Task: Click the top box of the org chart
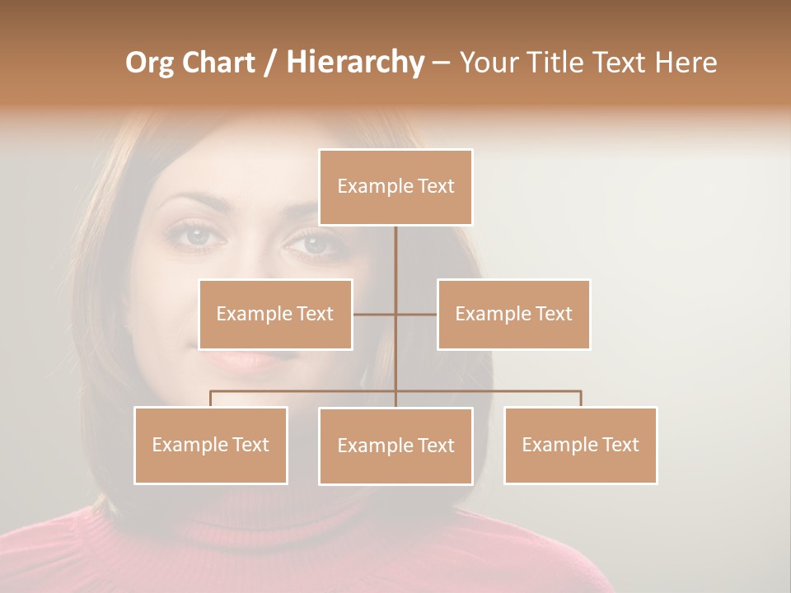pos(395,187)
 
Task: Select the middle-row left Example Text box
pos(275,314)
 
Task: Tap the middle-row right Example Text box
pos(513,314)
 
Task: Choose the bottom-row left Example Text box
pos(211,445)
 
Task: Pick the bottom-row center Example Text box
pos(395,446)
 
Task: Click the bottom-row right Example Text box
pos(580,445)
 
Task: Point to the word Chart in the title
pos(216,63)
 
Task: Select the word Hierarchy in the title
pos(355,63)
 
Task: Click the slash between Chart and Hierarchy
pos(270,63)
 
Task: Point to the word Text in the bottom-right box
pos(620,445)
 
